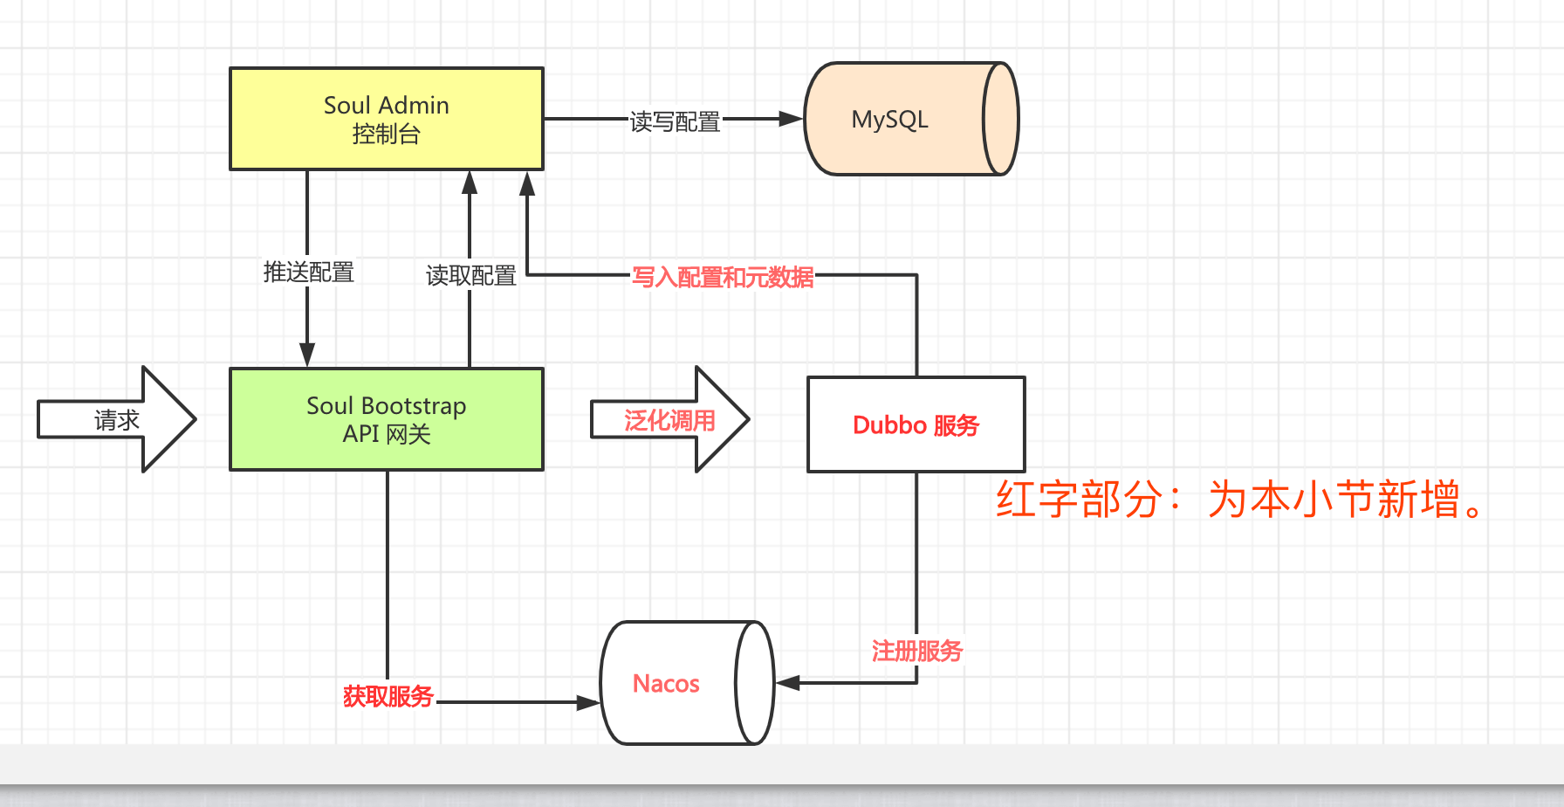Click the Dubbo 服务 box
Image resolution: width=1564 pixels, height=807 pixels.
point(916,425)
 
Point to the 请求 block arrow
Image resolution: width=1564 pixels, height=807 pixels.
point(117,420)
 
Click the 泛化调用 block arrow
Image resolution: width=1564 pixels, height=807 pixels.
point(669,420)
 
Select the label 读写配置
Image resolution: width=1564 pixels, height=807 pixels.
point(675,121)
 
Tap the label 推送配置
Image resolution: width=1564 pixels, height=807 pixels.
point(308,272)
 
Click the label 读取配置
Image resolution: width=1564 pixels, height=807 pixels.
point(470,276)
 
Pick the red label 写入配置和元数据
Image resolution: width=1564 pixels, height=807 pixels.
point(723,278)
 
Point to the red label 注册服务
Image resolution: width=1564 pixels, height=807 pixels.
point(916,651)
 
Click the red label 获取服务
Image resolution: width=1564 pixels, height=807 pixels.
point(388,696)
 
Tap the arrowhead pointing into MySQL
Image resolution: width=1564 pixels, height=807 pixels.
point(791,119)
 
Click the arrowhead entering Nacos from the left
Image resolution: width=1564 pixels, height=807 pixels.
point(588,702)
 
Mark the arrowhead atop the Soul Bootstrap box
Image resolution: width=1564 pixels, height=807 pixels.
point(307,354)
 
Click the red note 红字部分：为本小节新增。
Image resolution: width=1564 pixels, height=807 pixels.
point(1239,500)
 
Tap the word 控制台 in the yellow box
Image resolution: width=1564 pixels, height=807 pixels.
point(387,134)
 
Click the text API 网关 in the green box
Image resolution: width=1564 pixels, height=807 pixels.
point(387,434)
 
